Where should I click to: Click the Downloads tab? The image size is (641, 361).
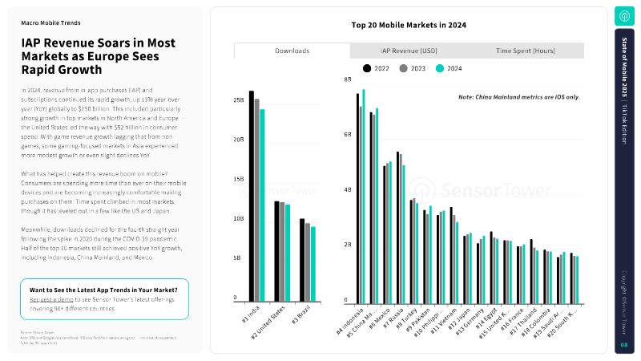(292, 51)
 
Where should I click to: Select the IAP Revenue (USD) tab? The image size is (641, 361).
(409, 51)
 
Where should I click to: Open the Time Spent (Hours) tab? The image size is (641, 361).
(526, 51)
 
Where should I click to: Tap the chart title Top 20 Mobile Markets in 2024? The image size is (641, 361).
(409, 25)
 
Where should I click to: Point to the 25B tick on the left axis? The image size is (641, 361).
(239, 100)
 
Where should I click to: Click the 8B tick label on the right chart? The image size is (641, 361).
(348, 80)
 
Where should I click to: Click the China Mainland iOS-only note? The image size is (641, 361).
(518, 97)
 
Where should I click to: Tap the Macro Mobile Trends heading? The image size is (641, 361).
(50, 23)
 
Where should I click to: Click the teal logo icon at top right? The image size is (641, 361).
(624, 16)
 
